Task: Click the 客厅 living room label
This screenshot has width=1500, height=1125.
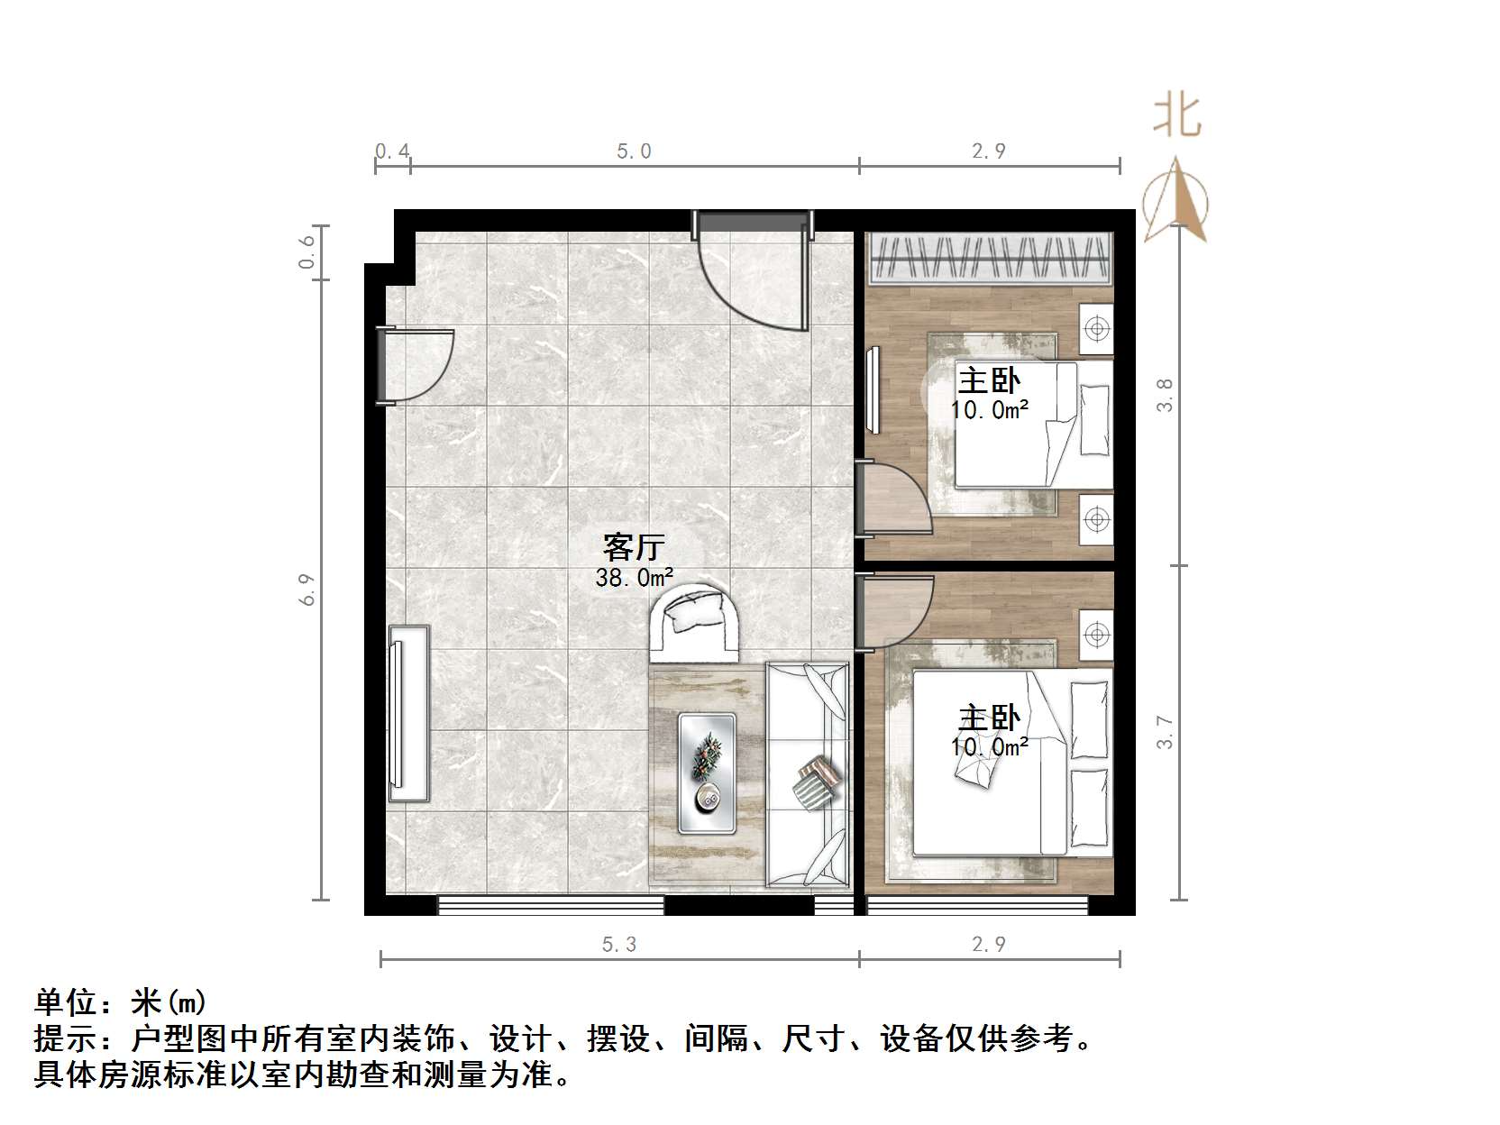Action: click(x=634, y=547)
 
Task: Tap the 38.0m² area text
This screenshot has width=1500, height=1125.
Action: click(x=635, y=578)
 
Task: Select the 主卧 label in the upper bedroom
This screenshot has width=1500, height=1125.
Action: click(x=989, y=380)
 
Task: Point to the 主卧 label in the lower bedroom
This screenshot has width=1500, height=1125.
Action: click(x=989, y=718)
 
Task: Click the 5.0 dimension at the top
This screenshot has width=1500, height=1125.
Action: click(x=634, y=151)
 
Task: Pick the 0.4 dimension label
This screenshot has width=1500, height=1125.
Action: click(x=392, y=151)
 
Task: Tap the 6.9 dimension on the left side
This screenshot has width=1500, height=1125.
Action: click(x=308, y=590)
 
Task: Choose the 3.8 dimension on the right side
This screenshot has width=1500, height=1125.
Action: click(x=1165, y=395)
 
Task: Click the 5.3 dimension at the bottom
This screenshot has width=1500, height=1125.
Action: click(x=619, y=944)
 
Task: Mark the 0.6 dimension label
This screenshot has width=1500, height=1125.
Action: click(x=308, y=252)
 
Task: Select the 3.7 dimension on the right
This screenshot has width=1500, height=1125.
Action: click(x=1165, y=732)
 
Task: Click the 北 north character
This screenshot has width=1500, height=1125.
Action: click(x=1177, y=117)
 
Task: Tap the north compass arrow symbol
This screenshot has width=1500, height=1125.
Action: click(x=1175, y=201)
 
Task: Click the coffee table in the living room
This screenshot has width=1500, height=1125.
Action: click(x=707, y=773)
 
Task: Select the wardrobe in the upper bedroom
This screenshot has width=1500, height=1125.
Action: click(x=989, y=258)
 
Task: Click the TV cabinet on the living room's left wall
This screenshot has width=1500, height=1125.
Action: click(x=409, y=712)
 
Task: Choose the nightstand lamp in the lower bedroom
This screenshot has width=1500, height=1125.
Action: click(x=1096, y=635)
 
